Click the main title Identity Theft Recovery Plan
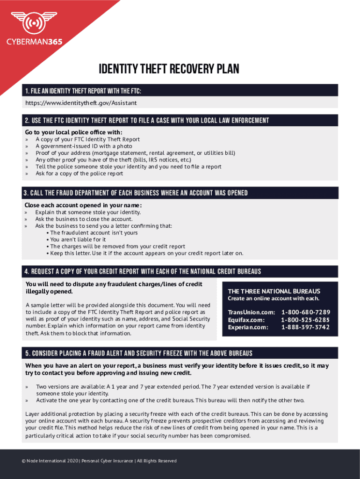coord(169,70)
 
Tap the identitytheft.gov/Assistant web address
coord(81,102)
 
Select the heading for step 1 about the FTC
coord(84,90)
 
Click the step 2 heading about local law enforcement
coord(147,121)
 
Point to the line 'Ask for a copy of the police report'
coord(79,174)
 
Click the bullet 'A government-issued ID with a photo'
coord(84,146)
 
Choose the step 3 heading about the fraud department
coord(136,193)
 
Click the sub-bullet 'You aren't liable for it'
coord(78,239)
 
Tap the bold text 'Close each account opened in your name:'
coord(83,205)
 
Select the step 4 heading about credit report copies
coord(143,272)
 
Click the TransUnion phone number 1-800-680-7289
coord(306,312)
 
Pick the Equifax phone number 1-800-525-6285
coord(306,319)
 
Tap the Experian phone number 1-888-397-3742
coord(306,327)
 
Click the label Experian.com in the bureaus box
coord(248,327)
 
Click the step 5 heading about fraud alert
coord(138,353)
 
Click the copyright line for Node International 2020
coord(99,461)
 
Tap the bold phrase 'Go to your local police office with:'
coord(74,132)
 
